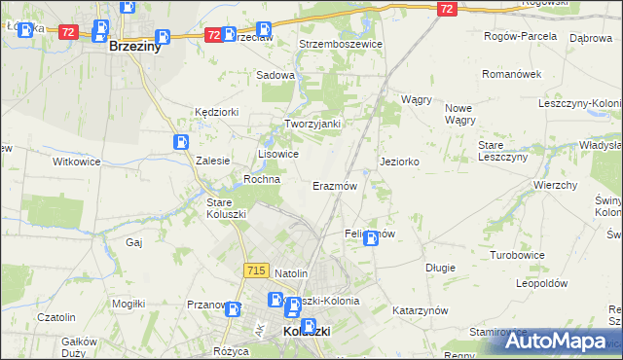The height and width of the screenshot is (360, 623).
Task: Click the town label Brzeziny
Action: click(134, 46)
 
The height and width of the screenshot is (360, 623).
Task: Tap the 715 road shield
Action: click(257, 270)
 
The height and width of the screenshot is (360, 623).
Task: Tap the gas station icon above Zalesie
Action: click(182, 142)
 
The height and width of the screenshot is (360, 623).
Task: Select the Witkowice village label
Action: click(76, 162)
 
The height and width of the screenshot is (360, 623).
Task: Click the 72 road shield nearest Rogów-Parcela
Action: click(446, 9)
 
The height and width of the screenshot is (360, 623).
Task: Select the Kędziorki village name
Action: click(216, 112)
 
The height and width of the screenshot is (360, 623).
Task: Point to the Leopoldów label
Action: click(541, 283)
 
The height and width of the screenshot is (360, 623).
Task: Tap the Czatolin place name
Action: click(55, 317)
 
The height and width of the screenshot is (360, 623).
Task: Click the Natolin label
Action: click(291, 273)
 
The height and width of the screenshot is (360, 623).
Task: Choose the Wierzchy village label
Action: click(556, 184)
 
